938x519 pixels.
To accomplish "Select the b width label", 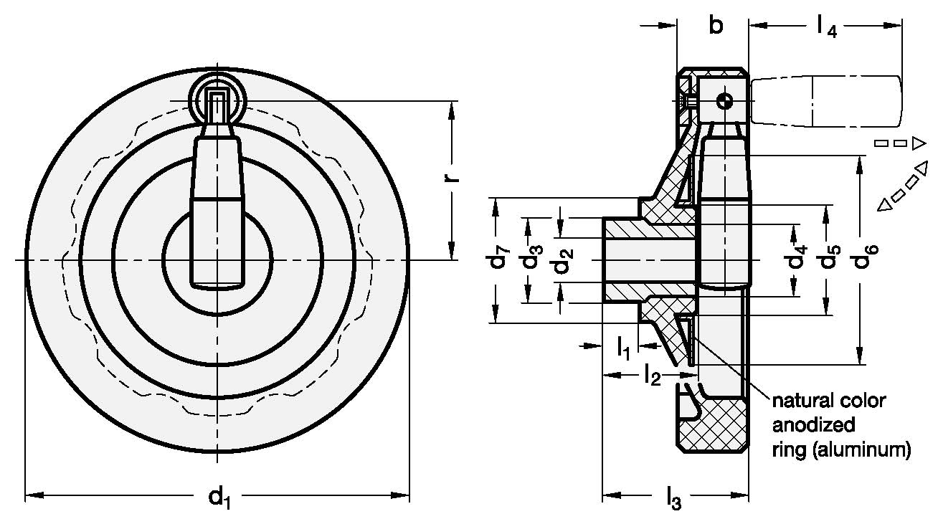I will (x=715, y=27).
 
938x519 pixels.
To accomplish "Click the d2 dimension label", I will (x=563, y=260).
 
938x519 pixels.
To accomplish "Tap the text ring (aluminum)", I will (x=840, y=449).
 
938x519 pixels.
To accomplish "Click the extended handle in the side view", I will (x=825, y=101).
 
